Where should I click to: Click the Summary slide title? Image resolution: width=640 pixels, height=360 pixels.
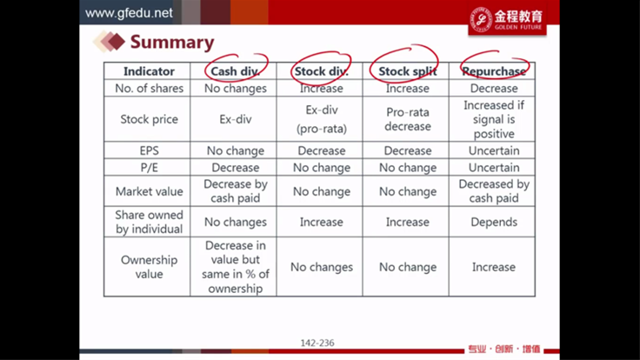(x=172, y=43)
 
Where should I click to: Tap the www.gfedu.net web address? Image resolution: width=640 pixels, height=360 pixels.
(x=129, y=13)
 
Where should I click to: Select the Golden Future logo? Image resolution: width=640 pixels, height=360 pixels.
(x=507, y=20)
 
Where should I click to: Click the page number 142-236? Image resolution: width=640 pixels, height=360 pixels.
(x=317, y=343)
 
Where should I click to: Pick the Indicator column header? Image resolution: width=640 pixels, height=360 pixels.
(x=149, y=71)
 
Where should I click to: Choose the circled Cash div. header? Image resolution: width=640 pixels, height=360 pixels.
(x=235, y=71)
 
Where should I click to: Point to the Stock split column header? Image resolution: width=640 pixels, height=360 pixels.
(x=407, y=71)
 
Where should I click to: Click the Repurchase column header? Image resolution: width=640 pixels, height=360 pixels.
(x=494, y=71)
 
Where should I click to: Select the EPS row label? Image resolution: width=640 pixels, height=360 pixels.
(x=149, y=150)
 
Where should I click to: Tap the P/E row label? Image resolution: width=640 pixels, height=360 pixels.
(x=149, y=168)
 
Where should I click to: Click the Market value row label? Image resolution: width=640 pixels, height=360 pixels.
(x=149, y=191)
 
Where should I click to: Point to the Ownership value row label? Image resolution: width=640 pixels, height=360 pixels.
(x=149, y=267)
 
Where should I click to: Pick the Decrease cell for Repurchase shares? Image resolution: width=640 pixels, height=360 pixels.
(x=494, y=89)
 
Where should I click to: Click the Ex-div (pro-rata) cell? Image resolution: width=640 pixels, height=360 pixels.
(x=322, y=119)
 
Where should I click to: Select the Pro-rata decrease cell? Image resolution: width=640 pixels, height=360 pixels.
(x=407, y=119)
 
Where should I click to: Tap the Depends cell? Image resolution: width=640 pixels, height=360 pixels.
(x=494, y=222)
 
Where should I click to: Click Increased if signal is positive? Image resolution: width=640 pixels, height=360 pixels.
(x=494, y=119)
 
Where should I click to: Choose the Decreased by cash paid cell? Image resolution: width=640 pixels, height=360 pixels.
(x=494, y=191)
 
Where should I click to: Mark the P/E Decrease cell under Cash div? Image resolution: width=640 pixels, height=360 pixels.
(x=235, y=168)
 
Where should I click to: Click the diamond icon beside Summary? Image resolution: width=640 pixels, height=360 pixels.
(x=109, y=42)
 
